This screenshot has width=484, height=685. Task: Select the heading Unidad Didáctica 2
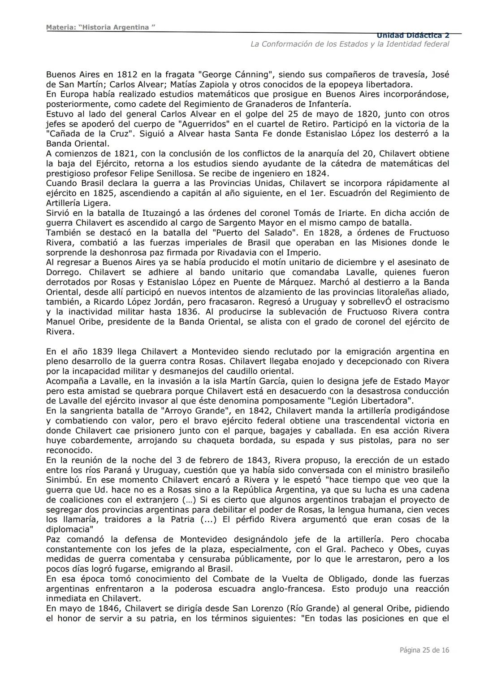[412, 35]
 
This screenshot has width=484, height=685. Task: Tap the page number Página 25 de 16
[424, 650]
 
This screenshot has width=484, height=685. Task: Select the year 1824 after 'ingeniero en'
[319, 173]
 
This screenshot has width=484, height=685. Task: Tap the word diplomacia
[67, 529]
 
